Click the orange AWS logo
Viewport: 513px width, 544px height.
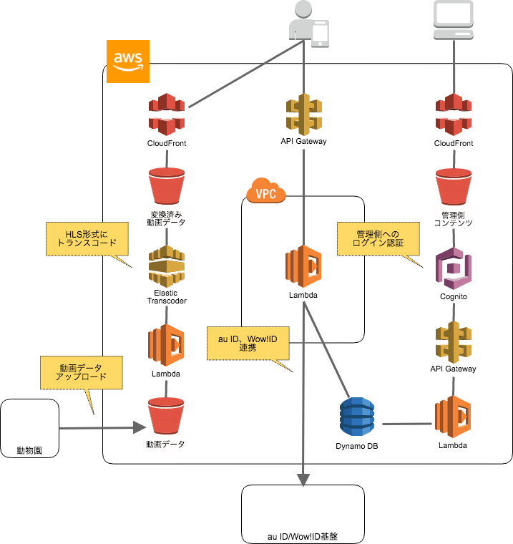click(x=128, y=62)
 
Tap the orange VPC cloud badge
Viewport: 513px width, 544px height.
click(x=266, y=192)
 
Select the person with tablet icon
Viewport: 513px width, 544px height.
click(x=308, y=25)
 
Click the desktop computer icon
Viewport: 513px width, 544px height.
click(x=454, y=20)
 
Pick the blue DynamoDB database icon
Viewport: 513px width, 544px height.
click(x=357, y=417)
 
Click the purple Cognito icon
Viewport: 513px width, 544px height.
click(x=454, y=268)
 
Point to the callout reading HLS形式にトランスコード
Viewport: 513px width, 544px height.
click(x=87, y=238)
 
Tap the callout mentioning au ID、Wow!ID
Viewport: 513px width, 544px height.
click(x=248, y=343)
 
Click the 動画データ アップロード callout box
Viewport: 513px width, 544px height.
click(x=81, y=372)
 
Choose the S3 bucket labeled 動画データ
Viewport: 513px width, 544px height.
click(x=166, y=426)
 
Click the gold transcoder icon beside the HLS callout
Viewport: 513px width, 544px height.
click(x=167, y=266)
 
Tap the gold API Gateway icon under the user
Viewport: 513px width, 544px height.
click(x=304, y=114)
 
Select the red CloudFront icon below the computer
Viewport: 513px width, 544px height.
click(x=454, y=114)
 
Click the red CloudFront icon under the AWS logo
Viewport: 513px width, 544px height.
click(x=167, y=114)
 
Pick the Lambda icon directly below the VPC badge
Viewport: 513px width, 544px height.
click(x=304, y=266)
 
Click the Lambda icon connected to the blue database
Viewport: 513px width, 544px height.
click(x=453, y=417)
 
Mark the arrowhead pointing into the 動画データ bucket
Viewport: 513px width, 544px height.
click(x=140, y=427)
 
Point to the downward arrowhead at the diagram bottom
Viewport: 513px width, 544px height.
click(x=303, y=480)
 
